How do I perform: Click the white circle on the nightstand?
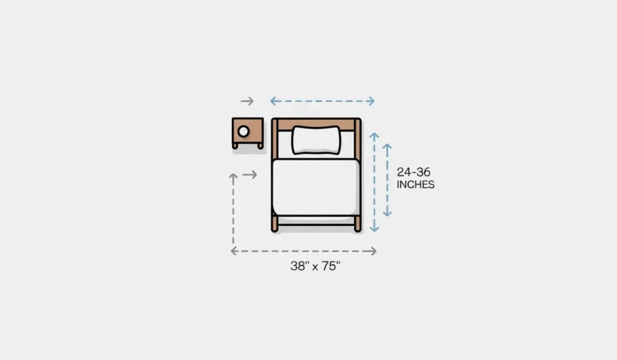pos(243,131)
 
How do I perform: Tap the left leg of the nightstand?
pos(236,145)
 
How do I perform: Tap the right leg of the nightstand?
pos(260,145)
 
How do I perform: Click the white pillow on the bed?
pos(316,139)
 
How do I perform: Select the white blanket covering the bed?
pos(316,187)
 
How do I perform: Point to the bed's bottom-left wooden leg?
pos(275,224)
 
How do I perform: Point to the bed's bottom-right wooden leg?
pos(357,224)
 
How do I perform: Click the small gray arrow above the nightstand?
pos(247,101)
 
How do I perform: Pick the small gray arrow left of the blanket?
pos(250,175)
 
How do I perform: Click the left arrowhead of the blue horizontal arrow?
pos(273,101)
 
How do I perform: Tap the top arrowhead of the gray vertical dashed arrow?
pos(233,177)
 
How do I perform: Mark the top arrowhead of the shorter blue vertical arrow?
pos(387,147)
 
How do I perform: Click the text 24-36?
pos(413,172)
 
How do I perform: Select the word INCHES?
pos(415,185)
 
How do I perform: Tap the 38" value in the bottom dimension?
pos(299,266)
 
